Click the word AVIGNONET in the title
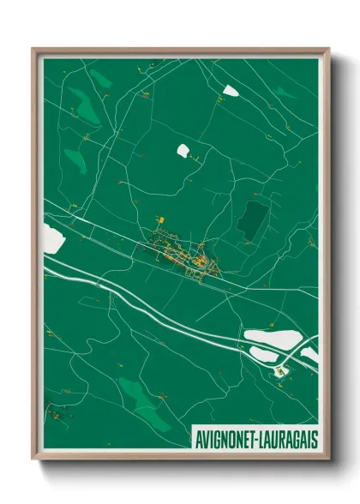pyautogui.click(x=222, y=437)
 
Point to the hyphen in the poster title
pyautogui.click(x=251, y=437)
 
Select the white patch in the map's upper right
pyautogui.click(x=229, y=88)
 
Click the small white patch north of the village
pyautogui.click(x=183, y=151)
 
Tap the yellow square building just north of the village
pyautogui.click(x=158, y=219)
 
